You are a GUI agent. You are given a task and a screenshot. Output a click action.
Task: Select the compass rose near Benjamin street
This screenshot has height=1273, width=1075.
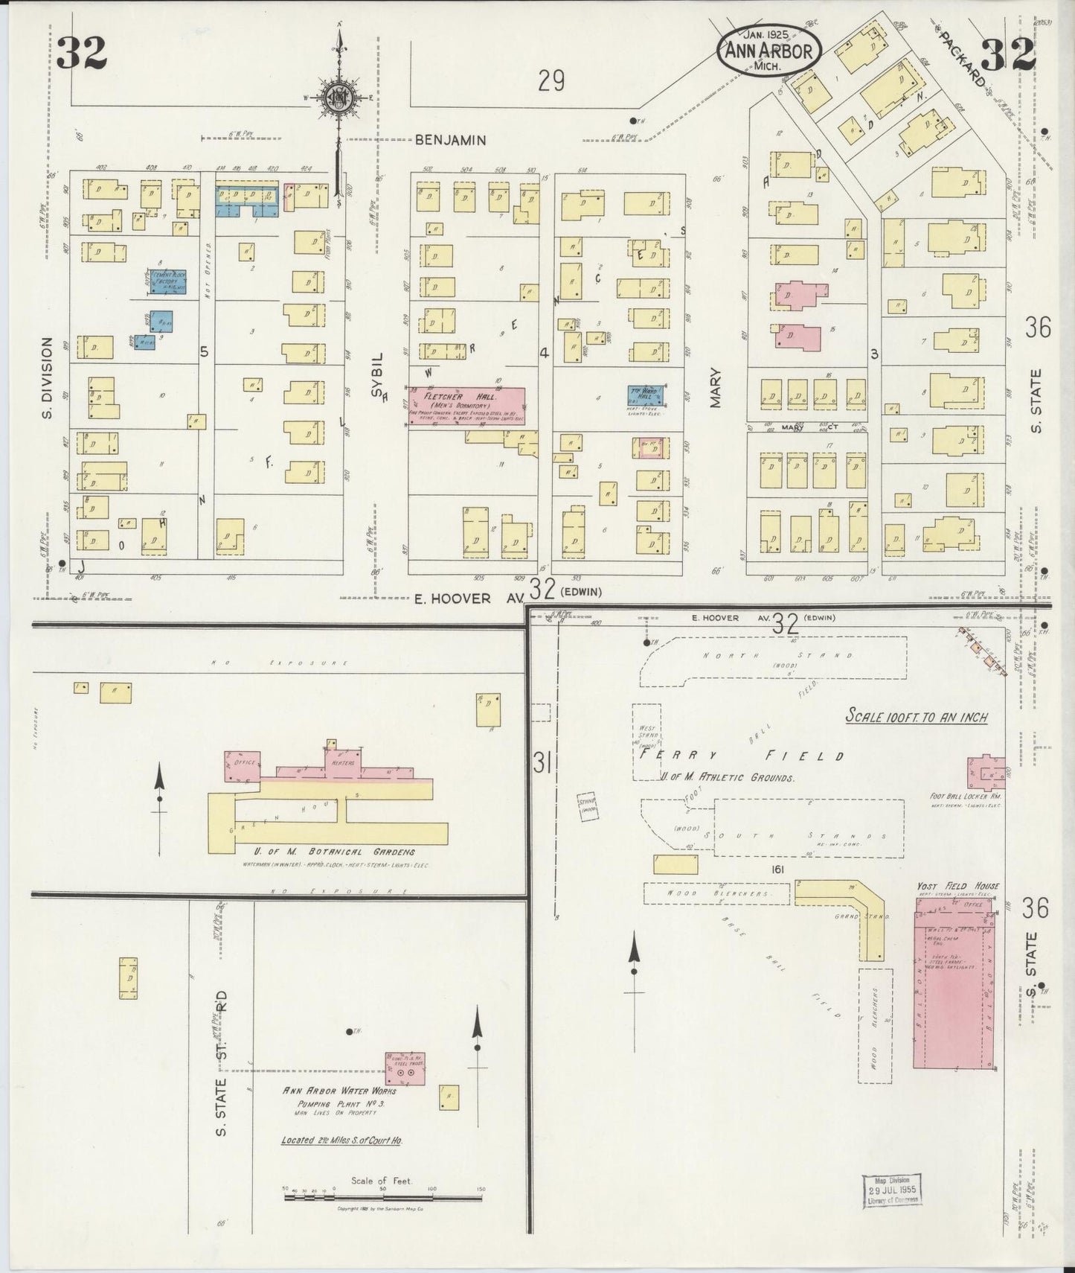click(x=338, y=99)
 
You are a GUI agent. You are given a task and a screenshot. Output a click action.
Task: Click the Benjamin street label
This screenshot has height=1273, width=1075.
click(x=450, y=139)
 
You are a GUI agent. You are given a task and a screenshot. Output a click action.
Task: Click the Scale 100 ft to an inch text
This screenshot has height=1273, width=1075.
click(x=917, y=717)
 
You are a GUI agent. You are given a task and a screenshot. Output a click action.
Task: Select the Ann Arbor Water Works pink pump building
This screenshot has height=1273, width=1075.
click(x=405, y=1068)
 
